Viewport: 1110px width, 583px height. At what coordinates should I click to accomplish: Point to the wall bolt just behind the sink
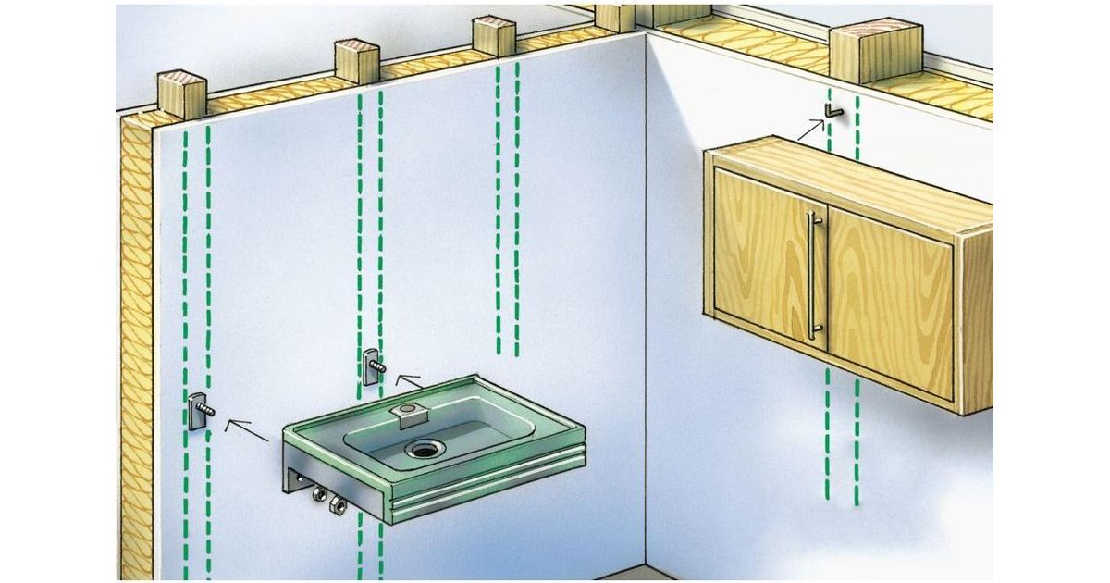pos(372,366)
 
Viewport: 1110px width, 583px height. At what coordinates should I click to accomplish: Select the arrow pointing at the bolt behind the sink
pos(406,379)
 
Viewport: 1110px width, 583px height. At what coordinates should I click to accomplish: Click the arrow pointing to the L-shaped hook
pos(810,128)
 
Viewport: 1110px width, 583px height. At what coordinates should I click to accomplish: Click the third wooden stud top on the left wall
pos(493,35)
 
